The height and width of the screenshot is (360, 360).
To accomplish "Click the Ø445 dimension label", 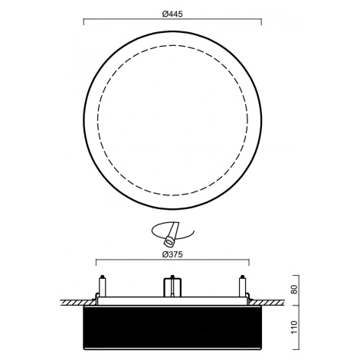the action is (172, 14).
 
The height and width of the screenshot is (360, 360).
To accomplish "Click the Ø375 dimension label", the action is (172, 254).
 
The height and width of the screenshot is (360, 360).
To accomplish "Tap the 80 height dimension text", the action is (294, 290).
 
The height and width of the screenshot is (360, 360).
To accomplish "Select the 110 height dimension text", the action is (294, 327).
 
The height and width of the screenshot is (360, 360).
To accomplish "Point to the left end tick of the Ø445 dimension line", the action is (83, 22).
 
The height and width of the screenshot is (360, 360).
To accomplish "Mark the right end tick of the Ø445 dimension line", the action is (261, 22).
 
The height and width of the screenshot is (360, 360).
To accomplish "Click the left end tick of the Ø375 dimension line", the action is (96, 263).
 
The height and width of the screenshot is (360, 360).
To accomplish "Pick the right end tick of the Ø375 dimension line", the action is (249, 263).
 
